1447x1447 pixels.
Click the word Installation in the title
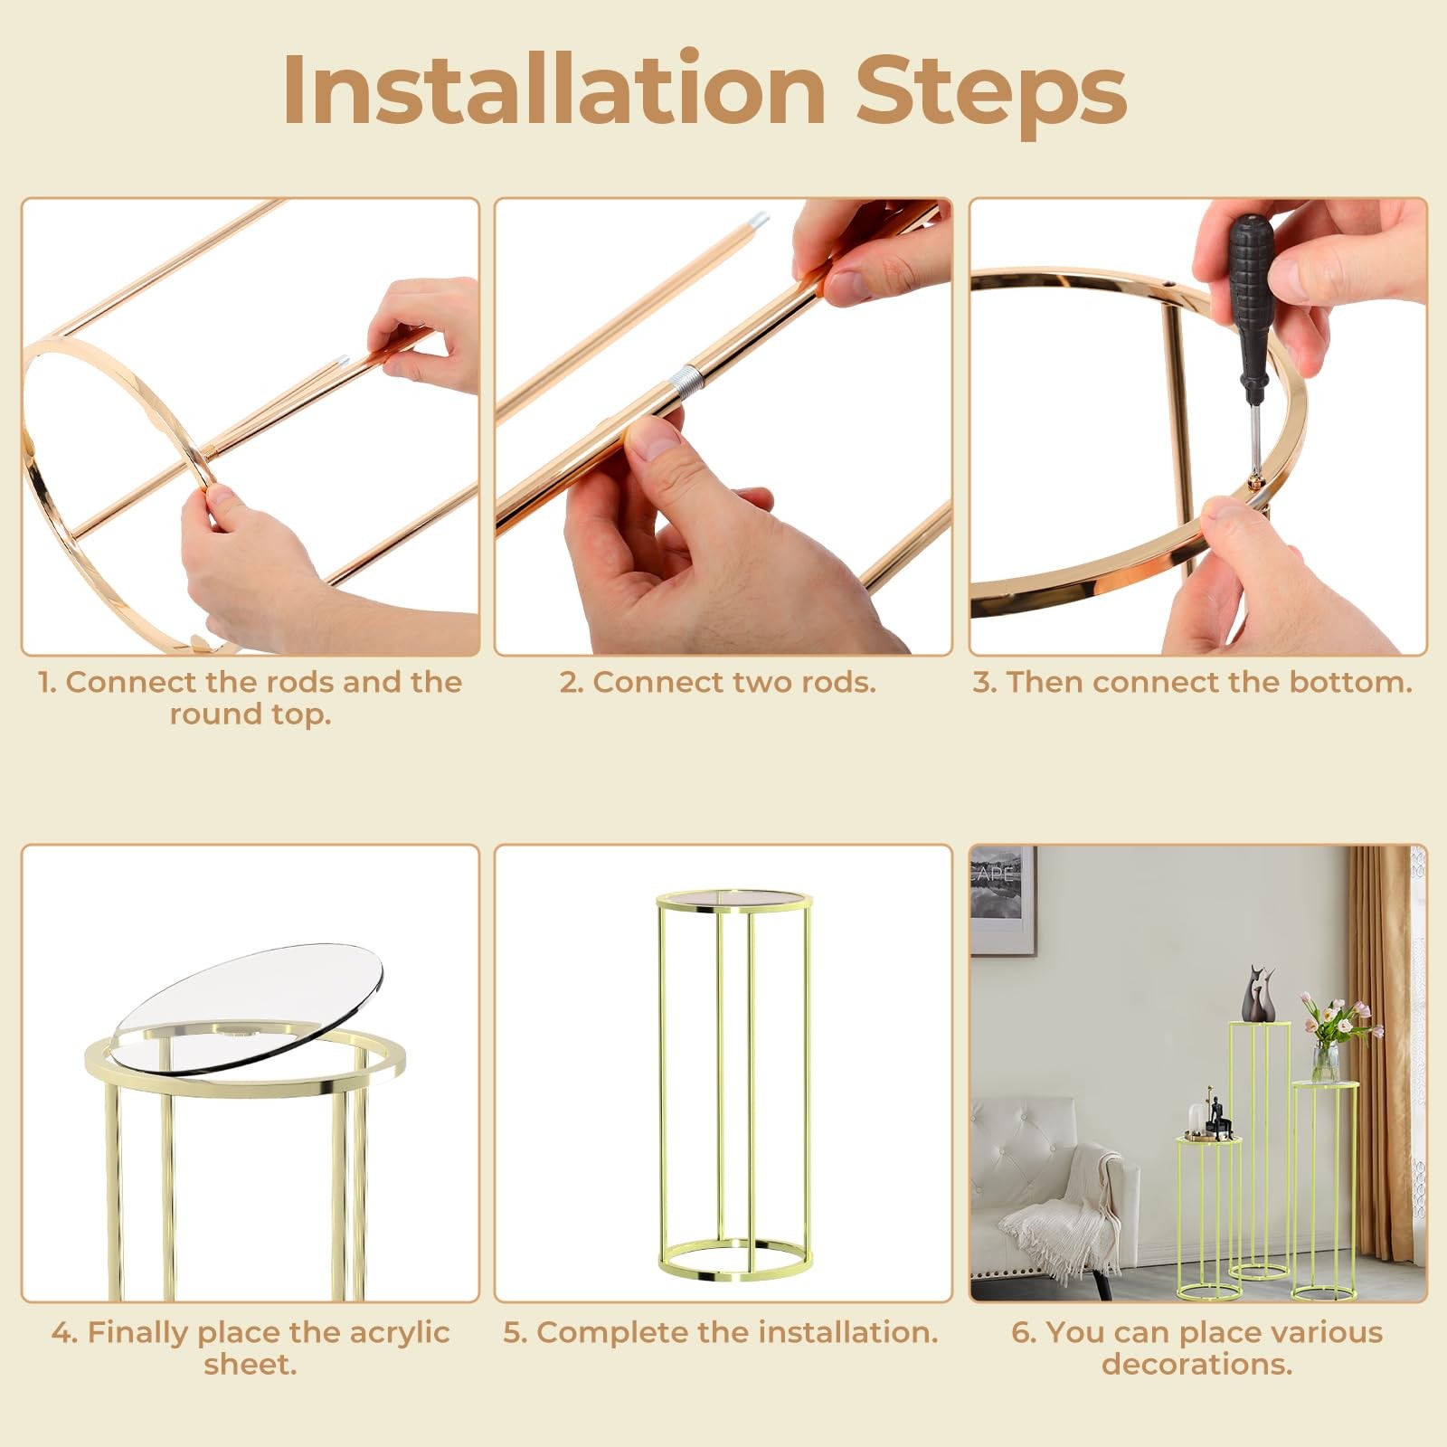553,90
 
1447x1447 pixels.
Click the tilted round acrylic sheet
249,1007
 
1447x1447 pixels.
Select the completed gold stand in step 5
733,1085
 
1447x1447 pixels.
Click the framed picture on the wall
1003,900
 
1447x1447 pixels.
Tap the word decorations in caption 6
1196,1364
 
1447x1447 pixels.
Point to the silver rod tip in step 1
341,361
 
